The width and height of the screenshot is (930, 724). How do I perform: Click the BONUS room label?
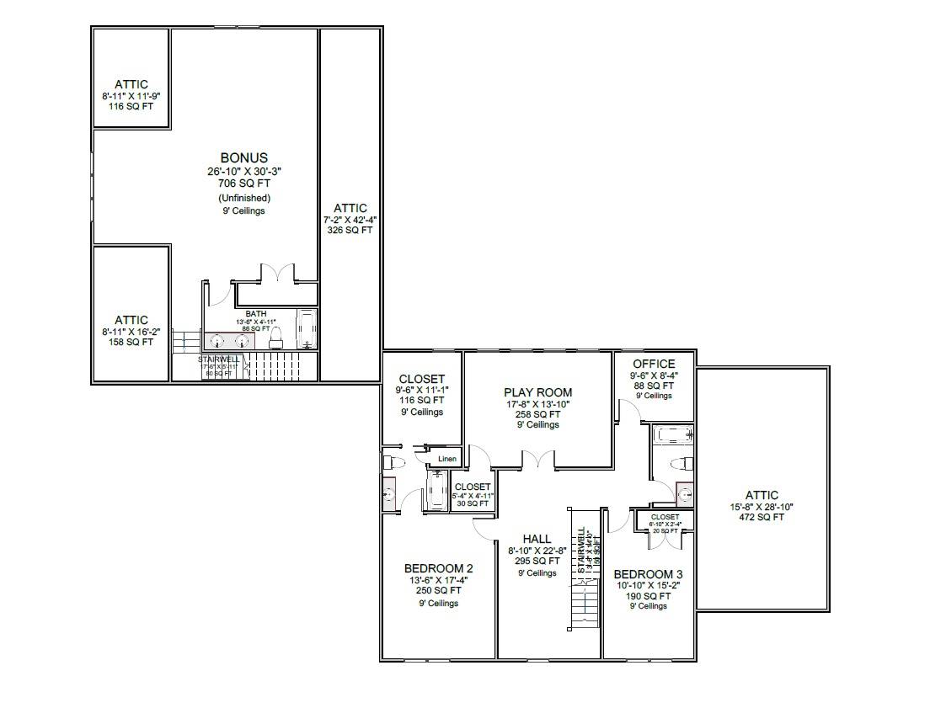pos(243,157)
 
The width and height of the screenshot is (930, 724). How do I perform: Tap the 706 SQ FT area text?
pos(243,182)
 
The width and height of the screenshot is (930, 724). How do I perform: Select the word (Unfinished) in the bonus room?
pos(243,198)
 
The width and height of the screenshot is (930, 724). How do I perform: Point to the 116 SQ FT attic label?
pos(131,108)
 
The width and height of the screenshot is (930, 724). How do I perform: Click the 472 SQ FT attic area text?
pos(762,518)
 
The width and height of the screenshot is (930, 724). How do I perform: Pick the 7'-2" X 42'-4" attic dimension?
pos(350,219)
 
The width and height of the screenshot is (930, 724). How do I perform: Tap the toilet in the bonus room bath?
pos(276,338)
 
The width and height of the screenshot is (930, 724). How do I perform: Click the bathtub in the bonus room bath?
pos(307,329)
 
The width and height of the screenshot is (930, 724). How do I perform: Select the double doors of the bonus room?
pos(277,274)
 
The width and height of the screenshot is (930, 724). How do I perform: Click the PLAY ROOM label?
pos(537,391)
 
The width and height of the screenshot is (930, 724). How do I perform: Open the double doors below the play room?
pos(537,459)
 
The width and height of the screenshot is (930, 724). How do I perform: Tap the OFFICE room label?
pos(654,364)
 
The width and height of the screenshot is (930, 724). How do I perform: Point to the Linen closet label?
pos(446,459)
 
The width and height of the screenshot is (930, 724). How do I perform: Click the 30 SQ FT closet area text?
pos(473,503)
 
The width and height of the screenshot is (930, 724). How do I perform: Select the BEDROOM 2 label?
pos(438,567)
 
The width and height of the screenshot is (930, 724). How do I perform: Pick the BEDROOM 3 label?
pos(648,574)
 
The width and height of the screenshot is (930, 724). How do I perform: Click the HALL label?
pos(537,539)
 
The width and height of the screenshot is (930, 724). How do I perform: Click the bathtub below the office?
pos(673,435)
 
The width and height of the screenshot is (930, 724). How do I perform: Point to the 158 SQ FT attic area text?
pos(131,342)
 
